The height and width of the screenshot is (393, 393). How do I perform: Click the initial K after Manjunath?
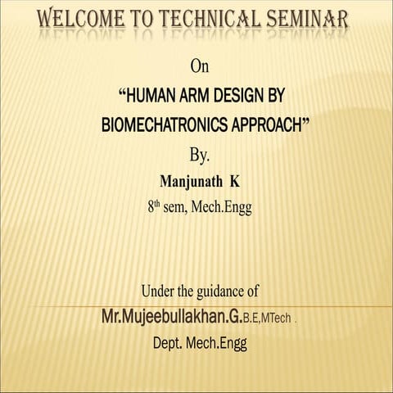[x=234, y=182]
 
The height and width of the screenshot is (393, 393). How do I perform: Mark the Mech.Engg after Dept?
[x=215, y=342]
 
